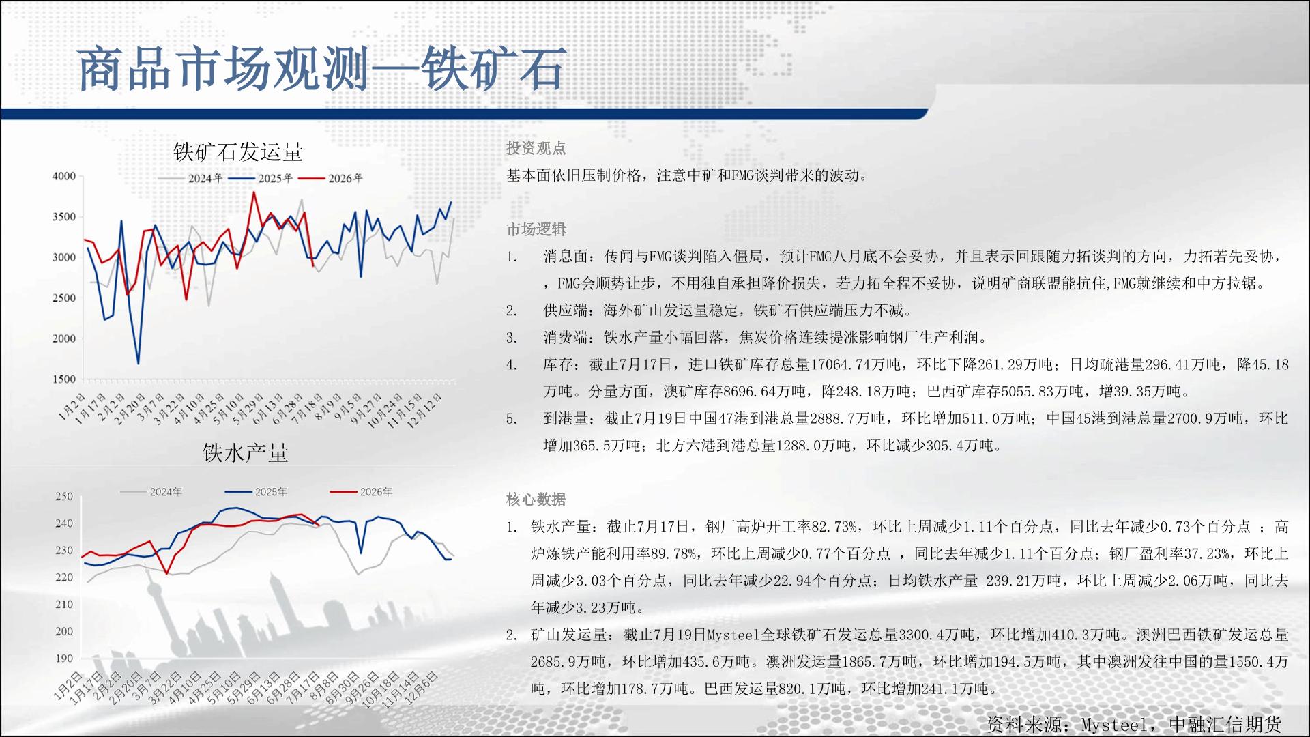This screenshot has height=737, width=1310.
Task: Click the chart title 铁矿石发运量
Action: click(x=238, y=151)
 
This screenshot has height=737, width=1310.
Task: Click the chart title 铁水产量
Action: click(x=246, y=452)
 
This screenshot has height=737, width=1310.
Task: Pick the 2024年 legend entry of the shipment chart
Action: click(x=192, y=178)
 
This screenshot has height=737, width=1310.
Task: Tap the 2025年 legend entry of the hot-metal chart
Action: click(x=256, y=491)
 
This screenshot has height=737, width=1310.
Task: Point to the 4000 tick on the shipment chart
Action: click(x=64, y=176)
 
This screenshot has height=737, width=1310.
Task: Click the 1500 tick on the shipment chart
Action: click(x=64, y=379)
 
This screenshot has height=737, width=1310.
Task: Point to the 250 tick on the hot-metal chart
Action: click(x=64, y=496)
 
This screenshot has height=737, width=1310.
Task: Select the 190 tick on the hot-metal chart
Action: click(x=64, y=659)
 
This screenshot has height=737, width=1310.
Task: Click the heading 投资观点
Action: click(x=536, y=148)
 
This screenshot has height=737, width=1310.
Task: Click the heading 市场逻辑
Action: click(x=536, y=229)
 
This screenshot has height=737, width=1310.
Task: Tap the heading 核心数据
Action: click(x=536, y=500)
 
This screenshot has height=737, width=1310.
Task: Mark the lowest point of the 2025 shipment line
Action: click(x=139, y=363)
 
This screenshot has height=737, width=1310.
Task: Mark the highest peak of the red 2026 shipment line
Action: click(x=254, y=192)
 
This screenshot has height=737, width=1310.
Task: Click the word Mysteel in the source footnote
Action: click(x=1114, y=724)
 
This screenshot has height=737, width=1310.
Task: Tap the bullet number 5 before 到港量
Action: click(x=512, y=419)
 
